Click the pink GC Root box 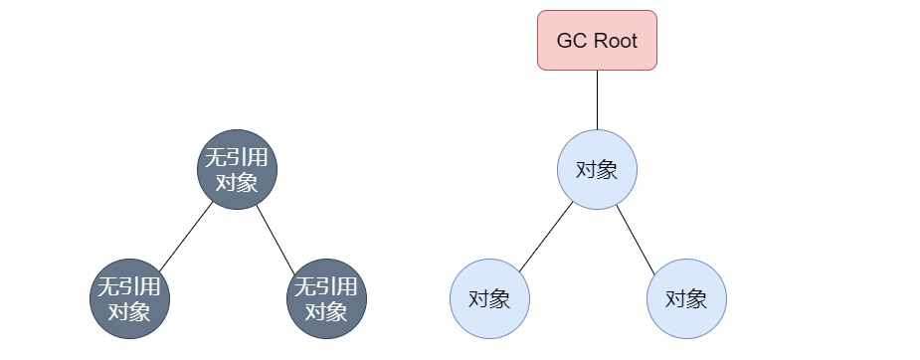tap(597, 40)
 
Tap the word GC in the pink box tap(571, 42)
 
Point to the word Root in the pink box tap(611, 42)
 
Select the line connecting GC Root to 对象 tap(597, 99)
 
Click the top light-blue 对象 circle tap(597, 169)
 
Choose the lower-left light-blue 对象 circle tap(489, 298)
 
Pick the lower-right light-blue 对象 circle tap(686, 298)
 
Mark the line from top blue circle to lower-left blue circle tap(545, 235)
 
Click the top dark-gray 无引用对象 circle tap(237, 169)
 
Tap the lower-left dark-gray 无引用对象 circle tap(129, 298)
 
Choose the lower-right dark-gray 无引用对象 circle tap(326, 298)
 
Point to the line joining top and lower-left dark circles tap(185, 237)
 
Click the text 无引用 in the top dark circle tap(237, 157)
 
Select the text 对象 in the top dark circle tap(237, 182)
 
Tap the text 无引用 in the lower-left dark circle tap(129, 287)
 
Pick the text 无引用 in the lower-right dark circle tap(326, 287)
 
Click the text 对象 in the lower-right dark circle tap(326, 311)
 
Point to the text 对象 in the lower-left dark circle tap(129, 311)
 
